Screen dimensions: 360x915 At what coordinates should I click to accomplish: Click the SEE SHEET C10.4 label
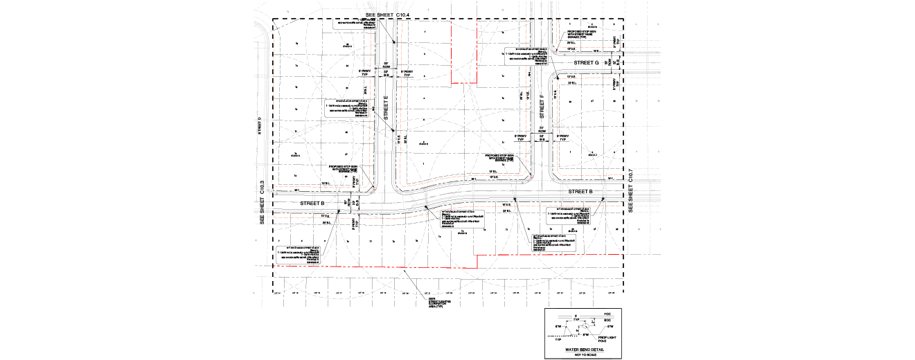click(389, 15)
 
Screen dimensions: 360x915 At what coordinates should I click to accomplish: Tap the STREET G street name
click(586, 63)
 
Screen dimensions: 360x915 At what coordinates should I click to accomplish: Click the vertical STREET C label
click(259, 125)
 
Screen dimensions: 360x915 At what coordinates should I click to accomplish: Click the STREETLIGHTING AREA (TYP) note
click(440, 303)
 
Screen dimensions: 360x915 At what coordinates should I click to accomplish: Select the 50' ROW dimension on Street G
click(608, 62)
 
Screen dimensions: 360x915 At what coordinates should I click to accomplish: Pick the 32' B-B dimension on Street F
click(542, 136)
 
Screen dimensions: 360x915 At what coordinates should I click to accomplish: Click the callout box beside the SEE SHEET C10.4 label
click(355, 24)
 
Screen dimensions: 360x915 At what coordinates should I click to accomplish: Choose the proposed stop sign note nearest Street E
click(344, 169)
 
